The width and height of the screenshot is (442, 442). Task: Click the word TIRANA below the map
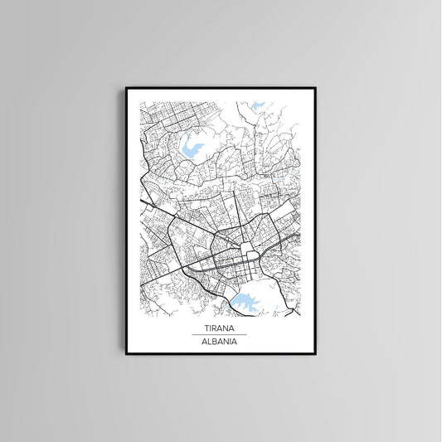(x=219, y=328)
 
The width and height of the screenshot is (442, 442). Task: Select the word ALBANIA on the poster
(x=219, y=340)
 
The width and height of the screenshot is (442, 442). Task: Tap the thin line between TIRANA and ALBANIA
(x=219, y=334)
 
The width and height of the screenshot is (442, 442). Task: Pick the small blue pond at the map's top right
(x=258, y=106)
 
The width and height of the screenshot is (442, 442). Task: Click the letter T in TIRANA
(x=206, y=328)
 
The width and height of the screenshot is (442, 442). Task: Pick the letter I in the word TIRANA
(x=210, y=328)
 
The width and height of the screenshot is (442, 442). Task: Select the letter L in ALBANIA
(x=208, y=340)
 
